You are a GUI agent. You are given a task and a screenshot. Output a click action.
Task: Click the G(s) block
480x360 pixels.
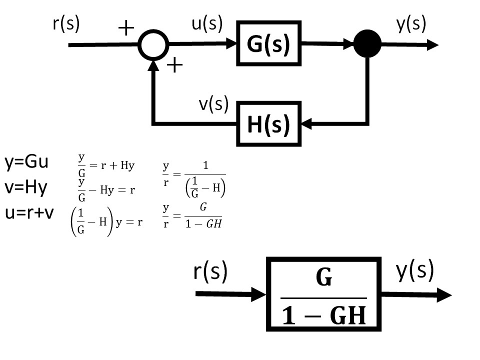tap(269, 43)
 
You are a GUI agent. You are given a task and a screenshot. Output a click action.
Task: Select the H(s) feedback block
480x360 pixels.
tap(269, 123)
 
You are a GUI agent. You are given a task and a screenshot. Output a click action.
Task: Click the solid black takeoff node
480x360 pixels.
tap(367, 43)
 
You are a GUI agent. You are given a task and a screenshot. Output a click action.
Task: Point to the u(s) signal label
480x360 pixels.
tap(207, 24)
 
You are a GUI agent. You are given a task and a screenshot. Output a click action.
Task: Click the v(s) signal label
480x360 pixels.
tap(213, 104)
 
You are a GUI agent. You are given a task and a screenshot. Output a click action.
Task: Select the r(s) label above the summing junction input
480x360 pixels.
tap(66, 23)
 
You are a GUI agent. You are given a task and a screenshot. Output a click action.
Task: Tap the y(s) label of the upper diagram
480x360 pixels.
tap(411, 24)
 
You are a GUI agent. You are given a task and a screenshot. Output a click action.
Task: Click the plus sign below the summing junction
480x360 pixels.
tap(175, 65)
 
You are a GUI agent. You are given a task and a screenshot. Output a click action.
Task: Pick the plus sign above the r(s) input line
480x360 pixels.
tap(126, 28)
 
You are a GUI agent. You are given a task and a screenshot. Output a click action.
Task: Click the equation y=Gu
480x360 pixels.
tap(26, 161)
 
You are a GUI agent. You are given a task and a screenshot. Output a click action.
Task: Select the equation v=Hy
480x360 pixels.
tap(26, 187)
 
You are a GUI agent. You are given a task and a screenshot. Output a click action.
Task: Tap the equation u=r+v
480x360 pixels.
tap(29, 212)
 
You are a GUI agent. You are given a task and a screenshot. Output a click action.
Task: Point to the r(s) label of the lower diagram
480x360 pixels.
tap(210, 271)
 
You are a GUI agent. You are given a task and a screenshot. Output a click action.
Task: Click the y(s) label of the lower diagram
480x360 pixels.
tap(415, 270)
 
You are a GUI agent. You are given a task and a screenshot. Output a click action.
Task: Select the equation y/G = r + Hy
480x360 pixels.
tap(106, 165)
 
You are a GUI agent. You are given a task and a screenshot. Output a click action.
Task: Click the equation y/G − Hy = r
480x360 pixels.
tap(106, 190)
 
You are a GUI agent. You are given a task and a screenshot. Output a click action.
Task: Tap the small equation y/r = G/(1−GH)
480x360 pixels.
tap(192, 216)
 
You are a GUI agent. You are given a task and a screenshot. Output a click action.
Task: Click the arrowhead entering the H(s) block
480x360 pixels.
tap(306, 123)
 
